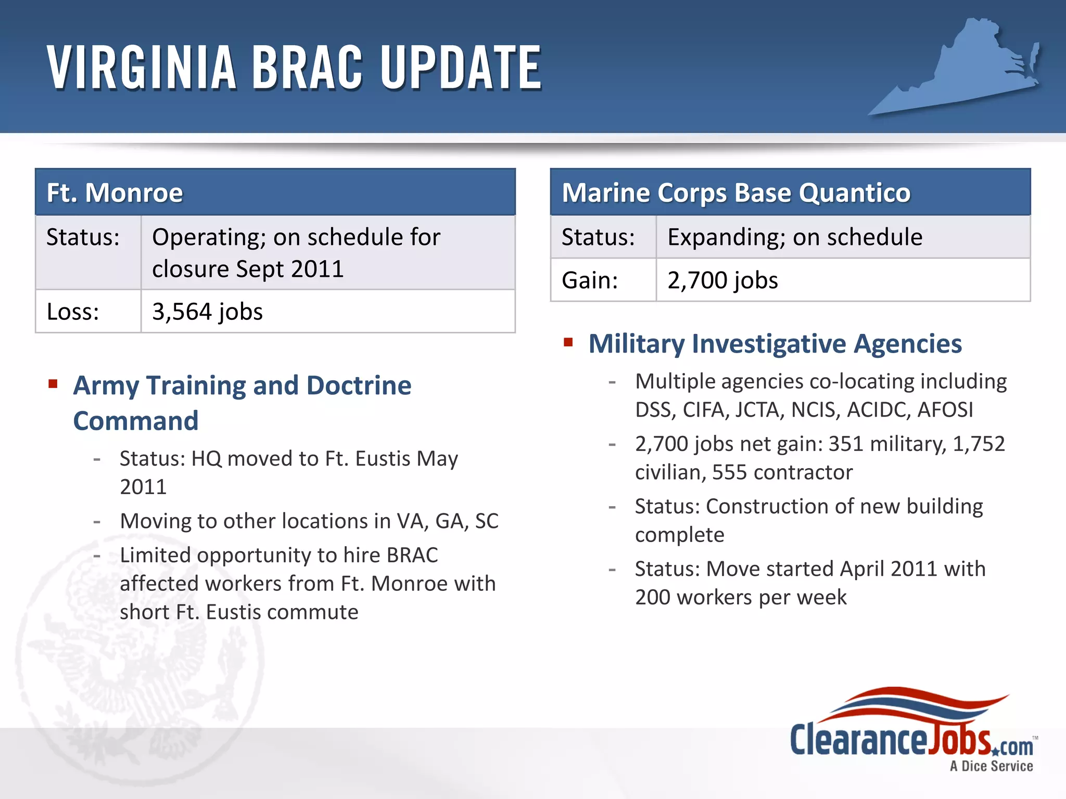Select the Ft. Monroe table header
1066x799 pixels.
click(275, 192)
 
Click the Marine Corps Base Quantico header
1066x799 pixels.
click(790, 192)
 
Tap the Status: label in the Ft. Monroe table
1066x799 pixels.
click(83, 237)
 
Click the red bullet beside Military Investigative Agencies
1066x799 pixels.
click(568, 342)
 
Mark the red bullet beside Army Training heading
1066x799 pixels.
click(53, 384)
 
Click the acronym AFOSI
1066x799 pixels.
click(945, 410)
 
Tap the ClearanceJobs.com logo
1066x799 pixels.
click(911, 728)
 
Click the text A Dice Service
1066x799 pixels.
click(991, 766)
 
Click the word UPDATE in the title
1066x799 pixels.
click(461, 68)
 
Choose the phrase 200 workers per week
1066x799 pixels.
click(741, 597)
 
